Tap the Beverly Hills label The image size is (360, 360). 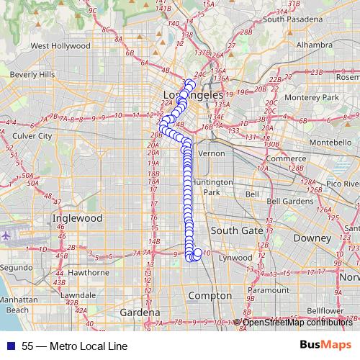(x=32, y=74)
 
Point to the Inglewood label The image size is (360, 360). (x=78, y=217)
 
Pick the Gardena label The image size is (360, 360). (x=140, y=313)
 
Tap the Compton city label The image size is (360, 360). (x=210, y=295)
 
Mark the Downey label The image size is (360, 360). (x=311, y=237)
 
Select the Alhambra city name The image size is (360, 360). (x=307, y=45)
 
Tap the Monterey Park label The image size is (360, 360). (x=311, y=97)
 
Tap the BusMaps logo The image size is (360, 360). (x=325, y=345)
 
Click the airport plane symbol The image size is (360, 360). (x=7, y=235)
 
